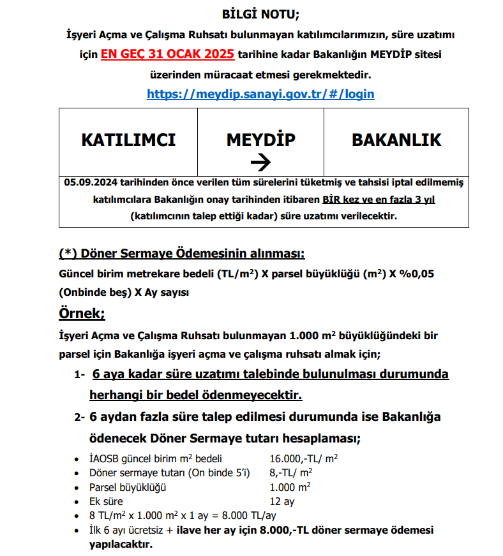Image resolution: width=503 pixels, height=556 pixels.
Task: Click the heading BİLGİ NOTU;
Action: [260, 13]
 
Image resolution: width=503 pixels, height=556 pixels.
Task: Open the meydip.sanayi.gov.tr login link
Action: [260, 94]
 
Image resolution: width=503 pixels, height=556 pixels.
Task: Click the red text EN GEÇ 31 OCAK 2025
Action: [167, 54]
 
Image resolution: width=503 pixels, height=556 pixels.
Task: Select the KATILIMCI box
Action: [128, 140]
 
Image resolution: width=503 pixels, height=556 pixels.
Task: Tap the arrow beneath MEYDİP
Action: [260, 163]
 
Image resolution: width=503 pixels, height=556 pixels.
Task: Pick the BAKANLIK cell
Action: [396, 140]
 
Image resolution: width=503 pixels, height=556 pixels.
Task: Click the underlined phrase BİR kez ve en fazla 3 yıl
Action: [379, 200]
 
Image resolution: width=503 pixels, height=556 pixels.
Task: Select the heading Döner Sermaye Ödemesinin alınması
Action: [181, 254]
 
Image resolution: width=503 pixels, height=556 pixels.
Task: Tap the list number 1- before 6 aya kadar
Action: [79, 375]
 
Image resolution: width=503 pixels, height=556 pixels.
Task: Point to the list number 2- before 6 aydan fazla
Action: [79, 418]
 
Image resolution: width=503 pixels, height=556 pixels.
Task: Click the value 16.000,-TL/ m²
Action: [303, 458]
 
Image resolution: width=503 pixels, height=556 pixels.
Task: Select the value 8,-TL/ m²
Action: [291, 472]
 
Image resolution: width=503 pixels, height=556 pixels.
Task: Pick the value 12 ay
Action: [282, 501]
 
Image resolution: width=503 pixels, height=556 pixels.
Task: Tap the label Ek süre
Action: [107, 501]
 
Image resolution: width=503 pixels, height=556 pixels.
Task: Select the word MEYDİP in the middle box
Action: [260, 140]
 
